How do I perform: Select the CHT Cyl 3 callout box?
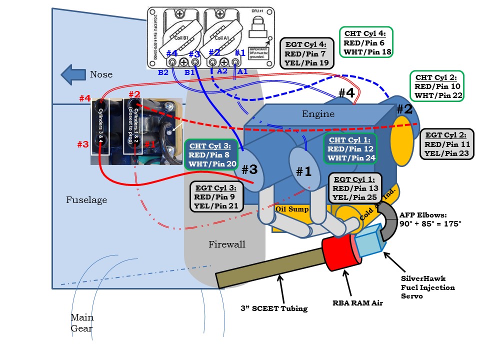point(209,155)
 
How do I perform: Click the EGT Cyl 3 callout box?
point(217,196)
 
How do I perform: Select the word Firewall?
point(227,244)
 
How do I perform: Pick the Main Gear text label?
point(81,323)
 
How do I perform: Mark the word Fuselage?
point(86,200)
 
